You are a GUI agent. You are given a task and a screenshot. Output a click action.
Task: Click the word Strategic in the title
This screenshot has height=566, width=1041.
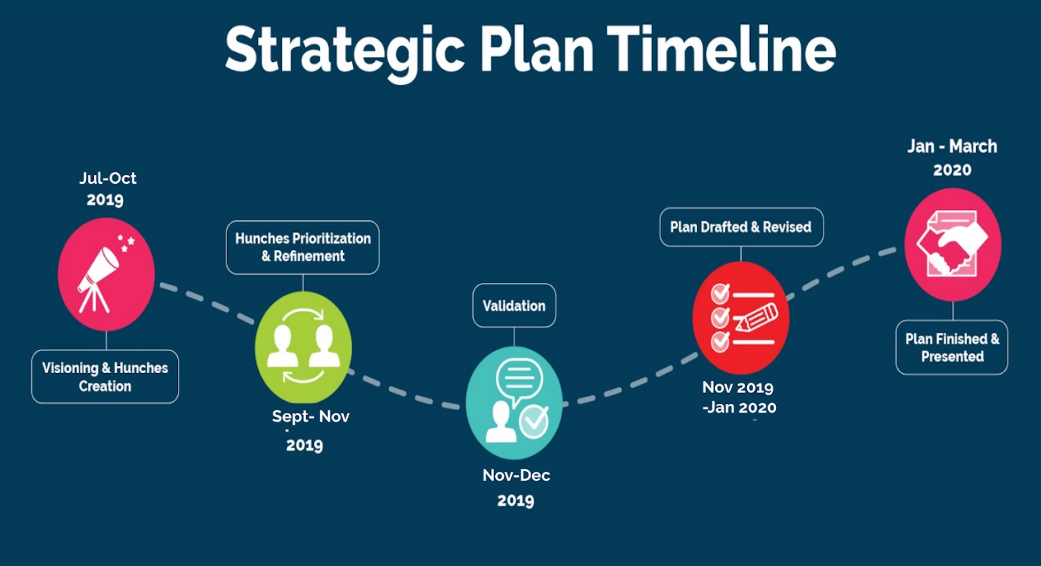(x=344, y=52)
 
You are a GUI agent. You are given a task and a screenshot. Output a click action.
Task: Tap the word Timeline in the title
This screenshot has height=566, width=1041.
(x=721, y=49)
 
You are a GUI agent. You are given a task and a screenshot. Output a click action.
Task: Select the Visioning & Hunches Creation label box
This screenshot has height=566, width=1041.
(x=105, y=377)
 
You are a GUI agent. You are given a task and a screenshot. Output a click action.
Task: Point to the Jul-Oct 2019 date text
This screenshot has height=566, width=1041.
(x=108, y=189)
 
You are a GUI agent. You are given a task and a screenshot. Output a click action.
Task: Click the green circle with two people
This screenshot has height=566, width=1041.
(x=303, y=347)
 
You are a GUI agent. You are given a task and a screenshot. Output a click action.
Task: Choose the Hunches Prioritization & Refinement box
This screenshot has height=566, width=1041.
(x=303, y=248)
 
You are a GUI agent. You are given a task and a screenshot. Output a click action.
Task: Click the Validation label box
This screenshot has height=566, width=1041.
(x=514, y=305)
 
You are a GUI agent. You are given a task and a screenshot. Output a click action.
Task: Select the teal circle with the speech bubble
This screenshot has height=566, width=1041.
(x=514, y=403)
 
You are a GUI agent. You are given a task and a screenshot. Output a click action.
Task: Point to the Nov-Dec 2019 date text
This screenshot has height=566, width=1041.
(x=516, y=487)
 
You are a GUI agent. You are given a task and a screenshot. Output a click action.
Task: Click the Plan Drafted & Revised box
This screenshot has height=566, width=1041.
(x=742, y=227)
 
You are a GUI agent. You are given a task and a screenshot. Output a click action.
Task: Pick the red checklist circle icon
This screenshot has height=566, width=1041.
(x=741, y=318)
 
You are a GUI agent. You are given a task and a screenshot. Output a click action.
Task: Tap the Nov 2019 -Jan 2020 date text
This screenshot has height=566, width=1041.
(x=739, y=397)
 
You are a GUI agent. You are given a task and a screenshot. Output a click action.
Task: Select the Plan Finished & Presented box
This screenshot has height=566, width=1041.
(x=952, y=347)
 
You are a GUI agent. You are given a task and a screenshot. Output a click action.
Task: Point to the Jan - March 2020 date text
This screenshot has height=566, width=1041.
(x=952, y=158)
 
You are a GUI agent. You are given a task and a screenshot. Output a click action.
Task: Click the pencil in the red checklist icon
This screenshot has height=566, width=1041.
(x=757, y=318)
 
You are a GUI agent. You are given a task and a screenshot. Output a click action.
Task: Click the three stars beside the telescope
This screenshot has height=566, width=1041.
(x=126, y=243)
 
